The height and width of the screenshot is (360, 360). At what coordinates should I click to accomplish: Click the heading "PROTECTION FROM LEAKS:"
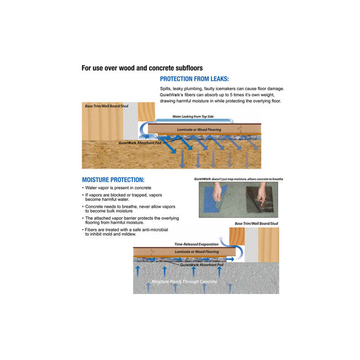tap(194, 79)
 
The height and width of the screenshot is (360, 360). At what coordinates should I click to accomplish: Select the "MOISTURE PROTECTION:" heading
tap(113, 180)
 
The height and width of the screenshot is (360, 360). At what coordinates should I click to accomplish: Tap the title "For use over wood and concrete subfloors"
tap(142, 68)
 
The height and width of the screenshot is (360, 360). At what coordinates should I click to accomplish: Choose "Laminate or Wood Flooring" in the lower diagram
tap(196, 251)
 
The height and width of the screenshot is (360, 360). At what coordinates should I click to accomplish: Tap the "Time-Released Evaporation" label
tap(196, 244)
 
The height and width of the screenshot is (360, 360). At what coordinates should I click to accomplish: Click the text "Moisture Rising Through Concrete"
tap(184, 282)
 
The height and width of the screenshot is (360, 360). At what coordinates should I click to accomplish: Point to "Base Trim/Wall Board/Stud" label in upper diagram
tap(106, 106)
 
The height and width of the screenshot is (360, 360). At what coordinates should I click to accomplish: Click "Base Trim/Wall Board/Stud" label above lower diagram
tap(256, 224)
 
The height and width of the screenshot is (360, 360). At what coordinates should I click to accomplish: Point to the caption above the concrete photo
tap(238, 179)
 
